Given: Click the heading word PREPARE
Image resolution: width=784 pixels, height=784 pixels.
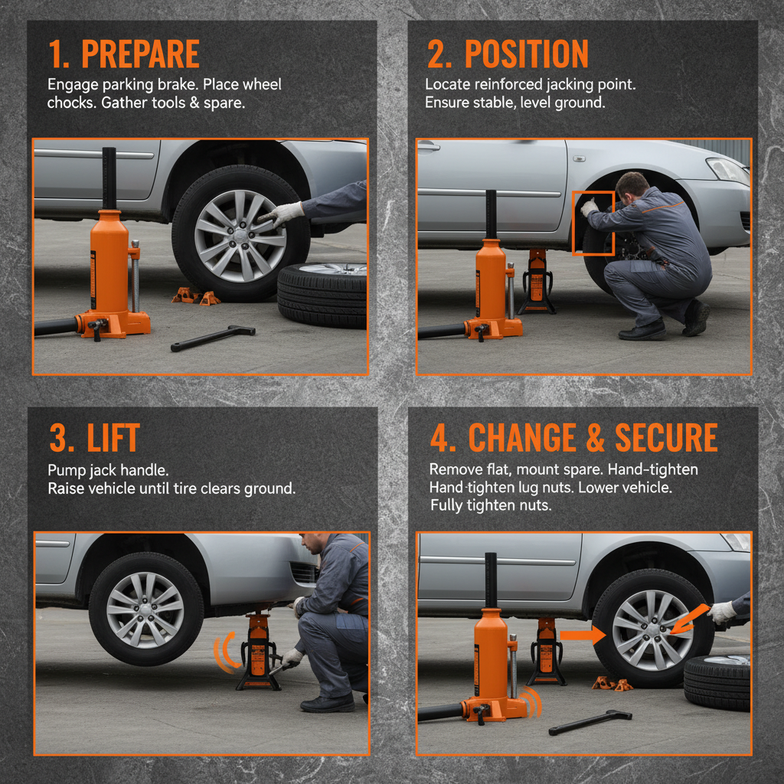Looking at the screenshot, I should tap(140, 54).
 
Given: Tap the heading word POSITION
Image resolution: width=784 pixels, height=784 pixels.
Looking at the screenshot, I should tap(527, 54).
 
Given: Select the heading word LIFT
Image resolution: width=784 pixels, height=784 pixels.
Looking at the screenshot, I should tap(113, 439).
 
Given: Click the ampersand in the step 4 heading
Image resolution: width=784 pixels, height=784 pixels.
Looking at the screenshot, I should tap(595, 439).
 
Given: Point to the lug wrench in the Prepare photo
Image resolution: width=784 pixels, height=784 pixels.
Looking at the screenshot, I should tap(212, 338).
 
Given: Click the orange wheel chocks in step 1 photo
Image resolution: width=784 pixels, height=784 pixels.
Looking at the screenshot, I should tap(195, 296).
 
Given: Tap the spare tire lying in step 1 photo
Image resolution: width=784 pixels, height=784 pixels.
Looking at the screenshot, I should tap(322, 295).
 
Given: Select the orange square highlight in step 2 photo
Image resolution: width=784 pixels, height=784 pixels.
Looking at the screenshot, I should tap(593, 223).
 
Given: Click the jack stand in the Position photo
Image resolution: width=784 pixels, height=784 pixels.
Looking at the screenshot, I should tap(537, 283).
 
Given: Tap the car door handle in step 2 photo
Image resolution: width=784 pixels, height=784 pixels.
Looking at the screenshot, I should tap(429, 145).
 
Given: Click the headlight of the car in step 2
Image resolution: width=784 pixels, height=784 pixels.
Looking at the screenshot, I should tap(727, 169).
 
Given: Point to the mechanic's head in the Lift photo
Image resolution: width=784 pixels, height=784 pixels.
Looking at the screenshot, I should tap(315, 544).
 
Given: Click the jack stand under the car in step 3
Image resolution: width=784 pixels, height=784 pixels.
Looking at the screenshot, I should tap(258, 651).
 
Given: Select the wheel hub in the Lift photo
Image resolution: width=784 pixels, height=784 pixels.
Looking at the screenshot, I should tap(145, 609).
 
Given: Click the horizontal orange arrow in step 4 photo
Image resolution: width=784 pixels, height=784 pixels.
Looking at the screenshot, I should tap(582, 635).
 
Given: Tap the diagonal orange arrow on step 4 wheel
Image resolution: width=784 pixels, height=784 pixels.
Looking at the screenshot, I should tap(688, 619).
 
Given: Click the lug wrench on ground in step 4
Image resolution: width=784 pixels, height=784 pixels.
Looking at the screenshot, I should tap(590, 721).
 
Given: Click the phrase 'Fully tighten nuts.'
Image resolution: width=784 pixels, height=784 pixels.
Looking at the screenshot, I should tap(490, 505).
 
